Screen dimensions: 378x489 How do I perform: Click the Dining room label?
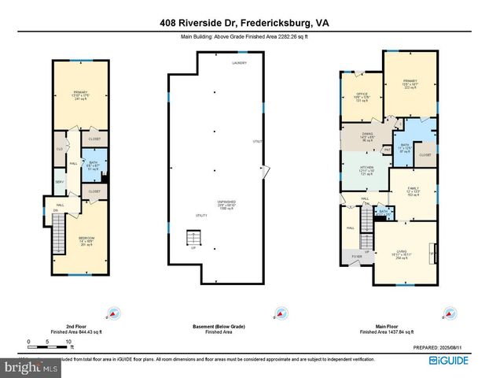pos(363,136)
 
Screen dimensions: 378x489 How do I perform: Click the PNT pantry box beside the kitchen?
pos(387,149)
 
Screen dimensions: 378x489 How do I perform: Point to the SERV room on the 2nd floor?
pos(59,182)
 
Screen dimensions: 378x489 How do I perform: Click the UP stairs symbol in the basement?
pos(191,239)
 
